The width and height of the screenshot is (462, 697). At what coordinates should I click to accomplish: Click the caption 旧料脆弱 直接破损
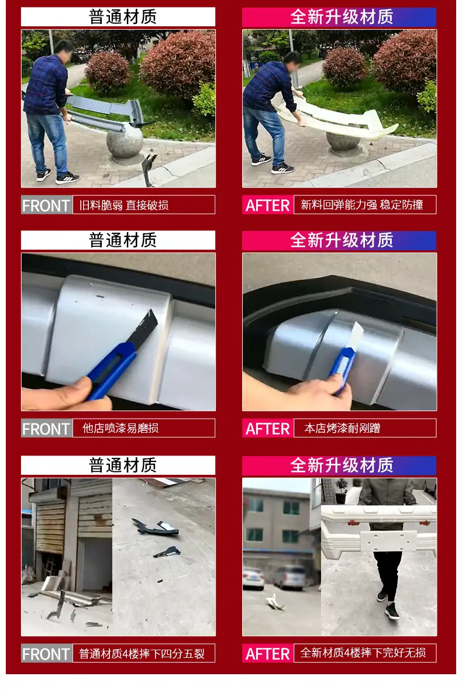tap(123, 205)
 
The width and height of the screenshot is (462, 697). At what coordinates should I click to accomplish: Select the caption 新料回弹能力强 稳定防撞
tap(361, 205)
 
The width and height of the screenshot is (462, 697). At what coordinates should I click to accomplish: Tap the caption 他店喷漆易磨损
tap(120, 428)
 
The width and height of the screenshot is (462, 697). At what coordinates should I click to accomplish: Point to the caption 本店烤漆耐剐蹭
tap(342, 428)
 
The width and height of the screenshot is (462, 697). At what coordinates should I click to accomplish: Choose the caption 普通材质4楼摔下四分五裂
tap(142, 654)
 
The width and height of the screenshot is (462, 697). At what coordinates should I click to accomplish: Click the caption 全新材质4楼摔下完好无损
tap(363, 653)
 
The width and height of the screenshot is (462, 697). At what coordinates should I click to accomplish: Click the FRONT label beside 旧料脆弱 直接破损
tap(46, 205)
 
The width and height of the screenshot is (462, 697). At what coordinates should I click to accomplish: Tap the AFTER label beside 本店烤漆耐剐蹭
tap(267, 429)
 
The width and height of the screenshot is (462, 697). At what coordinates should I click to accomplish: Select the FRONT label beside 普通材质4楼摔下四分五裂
tap(46, 654)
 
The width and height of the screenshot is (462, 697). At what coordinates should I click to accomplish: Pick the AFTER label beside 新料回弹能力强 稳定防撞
tap(267, 205)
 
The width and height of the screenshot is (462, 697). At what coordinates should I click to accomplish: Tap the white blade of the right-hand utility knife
tap(356, 336)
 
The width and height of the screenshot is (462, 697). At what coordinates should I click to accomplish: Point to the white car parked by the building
tap(253, 578)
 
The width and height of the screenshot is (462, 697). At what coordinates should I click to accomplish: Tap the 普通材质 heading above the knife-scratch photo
tap(123, 240)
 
